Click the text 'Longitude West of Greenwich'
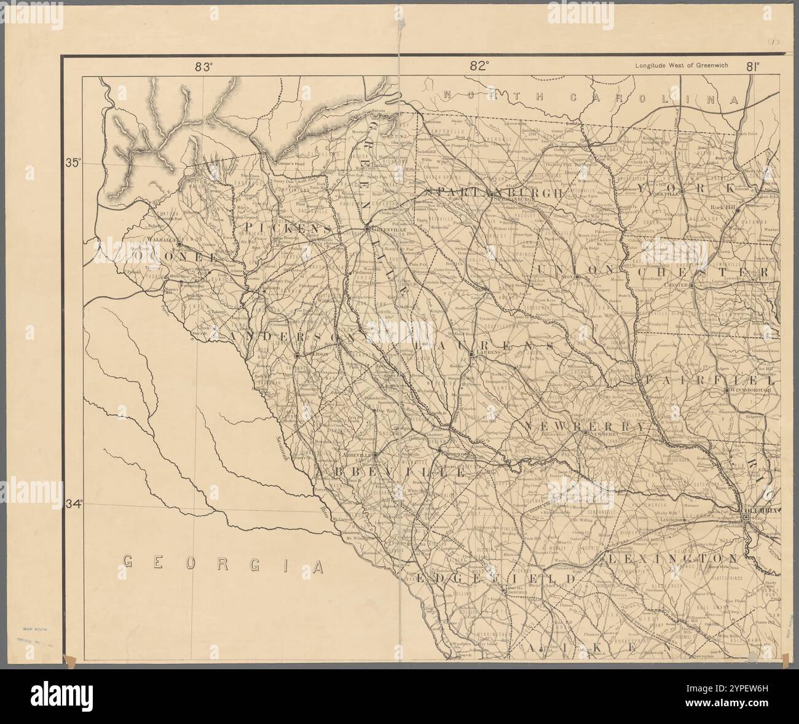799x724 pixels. tap(681, 67)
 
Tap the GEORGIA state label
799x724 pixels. tap(223, 562)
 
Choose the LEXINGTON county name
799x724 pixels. tap(681, 558)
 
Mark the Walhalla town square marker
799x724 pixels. tap(179, 245)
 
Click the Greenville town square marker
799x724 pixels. tap(367, 229)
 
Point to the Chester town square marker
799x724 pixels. tap(691, 285)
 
